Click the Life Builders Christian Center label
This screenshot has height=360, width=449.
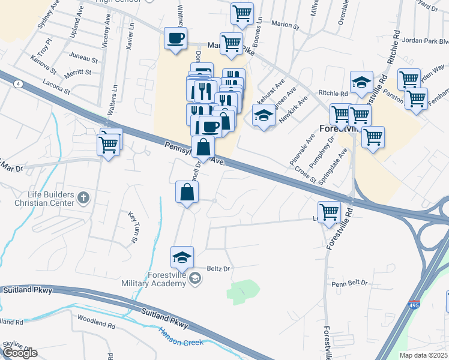[50, 199]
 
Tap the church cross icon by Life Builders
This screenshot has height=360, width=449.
[83, 197]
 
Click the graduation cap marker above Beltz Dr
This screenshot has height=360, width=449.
[182, 257]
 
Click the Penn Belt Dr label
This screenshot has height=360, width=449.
[348, 283]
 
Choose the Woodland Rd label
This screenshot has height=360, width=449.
[96, 324]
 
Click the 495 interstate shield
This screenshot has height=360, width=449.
[414, 305]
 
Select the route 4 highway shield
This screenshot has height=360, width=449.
[19, 85]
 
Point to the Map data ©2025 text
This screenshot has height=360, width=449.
[424, 355]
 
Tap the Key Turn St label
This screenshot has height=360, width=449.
[133, 227]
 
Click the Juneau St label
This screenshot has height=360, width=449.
[83, 59]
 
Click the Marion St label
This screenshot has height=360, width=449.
[285, 26]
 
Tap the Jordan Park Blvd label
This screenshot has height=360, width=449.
[427, 41]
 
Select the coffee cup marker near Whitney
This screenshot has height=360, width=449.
[175, 39]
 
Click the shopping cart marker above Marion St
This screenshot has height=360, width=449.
[242, 13]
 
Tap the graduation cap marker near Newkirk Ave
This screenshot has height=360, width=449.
[263, 117]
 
